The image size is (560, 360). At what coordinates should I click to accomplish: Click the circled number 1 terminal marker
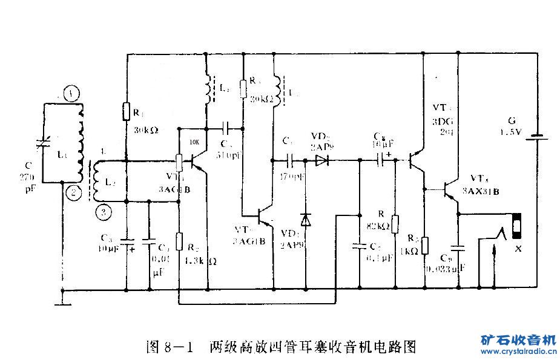pos(73,94)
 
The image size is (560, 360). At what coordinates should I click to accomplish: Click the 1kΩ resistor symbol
pos(425,245)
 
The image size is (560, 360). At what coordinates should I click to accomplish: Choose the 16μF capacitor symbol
pos(384,160)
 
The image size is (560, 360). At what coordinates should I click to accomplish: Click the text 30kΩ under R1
pos(145,129)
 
